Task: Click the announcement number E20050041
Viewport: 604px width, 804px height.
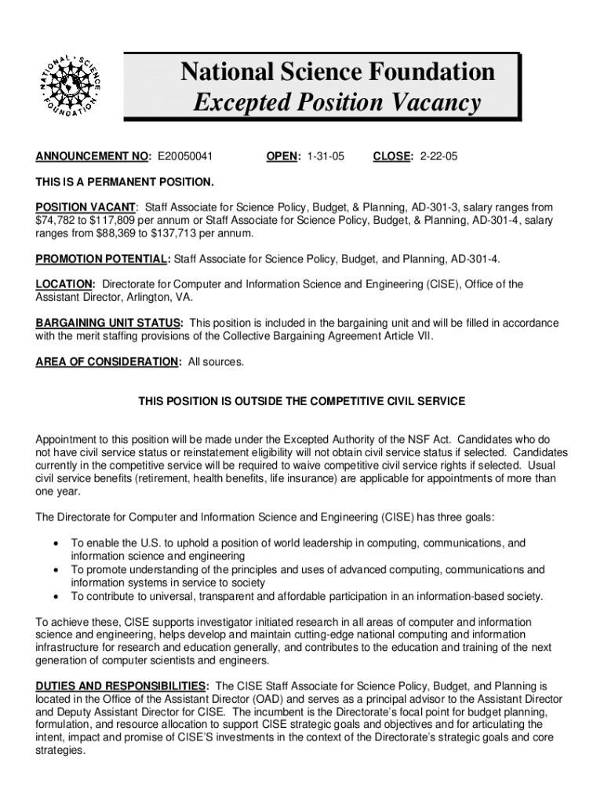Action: click(191, 157)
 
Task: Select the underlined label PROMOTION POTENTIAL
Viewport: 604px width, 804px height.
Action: click(102, 258)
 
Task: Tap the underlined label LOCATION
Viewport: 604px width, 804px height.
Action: click(66, 284)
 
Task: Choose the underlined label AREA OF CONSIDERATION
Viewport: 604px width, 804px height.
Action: click(107, 361)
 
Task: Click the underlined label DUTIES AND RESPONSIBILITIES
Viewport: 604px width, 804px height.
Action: click(122, 685)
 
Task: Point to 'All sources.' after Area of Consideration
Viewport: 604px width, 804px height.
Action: click(216, 361)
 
